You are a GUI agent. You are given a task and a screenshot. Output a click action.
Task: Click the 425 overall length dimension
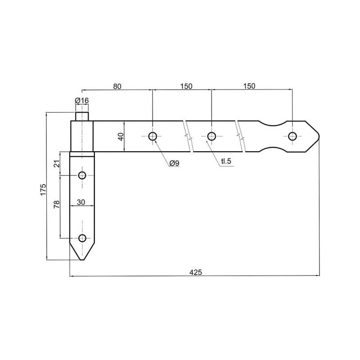196,272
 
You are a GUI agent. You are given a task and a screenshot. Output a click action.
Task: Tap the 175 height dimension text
43,189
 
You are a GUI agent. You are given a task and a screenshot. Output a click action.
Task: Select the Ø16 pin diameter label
82,100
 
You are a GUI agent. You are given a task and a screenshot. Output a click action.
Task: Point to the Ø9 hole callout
174,163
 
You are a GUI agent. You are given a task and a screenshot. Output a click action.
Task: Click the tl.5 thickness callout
226,161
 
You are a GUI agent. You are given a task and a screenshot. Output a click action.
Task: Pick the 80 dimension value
117,86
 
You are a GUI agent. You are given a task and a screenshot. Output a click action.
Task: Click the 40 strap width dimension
121,137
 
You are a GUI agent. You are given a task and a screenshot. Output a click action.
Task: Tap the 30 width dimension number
81,202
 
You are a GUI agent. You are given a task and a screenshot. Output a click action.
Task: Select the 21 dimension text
57,163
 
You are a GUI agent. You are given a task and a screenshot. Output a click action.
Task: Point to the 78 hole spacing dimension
57,204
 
